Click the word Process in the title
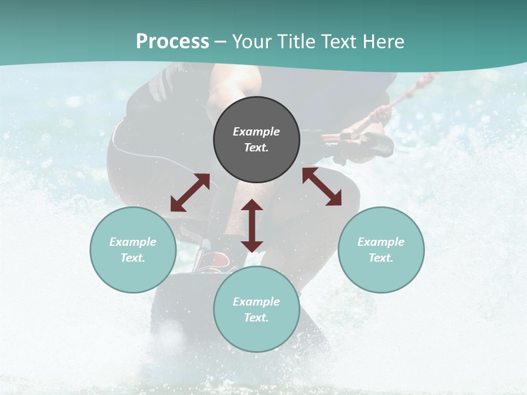click(172, 42)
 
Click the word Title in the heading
click(297, 42)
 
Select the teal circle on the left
click(133, 274)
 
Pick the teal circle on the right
click(381, 274)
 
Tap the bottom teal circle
click(256, 334)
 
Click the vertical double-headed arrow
click(252, 225)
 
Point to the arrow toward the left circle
click(190, 193)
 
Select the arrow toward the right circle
click(322, 187)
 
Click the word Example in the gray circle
click(256, 132)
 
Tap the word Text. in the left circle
click(133, 258)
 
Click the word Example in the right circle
click(381, 242)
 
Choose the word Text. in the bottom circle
click(256, 318)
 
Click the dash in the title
click(221, 42)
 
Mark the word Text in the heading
click(339, 42)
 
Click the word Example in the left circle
click(133, 242)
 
